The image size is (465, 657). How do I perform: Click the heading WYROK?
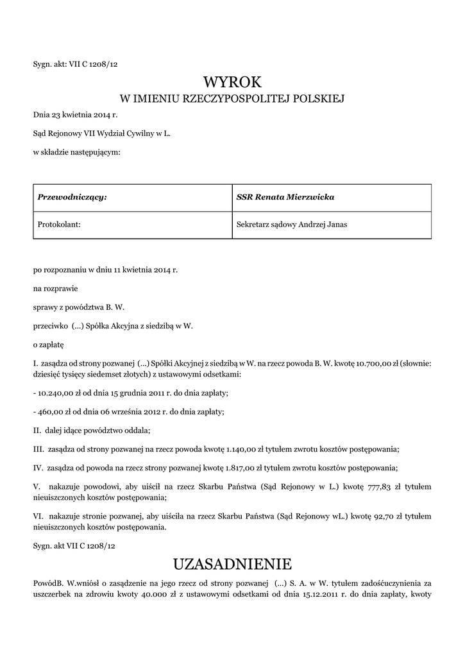pyautogui.click(x=232, y=82)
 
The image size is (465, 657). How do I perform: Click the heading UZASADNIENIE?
pyautogui.click(x=232, y=564)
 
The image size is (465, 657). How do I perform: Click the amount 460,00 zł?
pyautogui.click(x=54, y=411)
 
